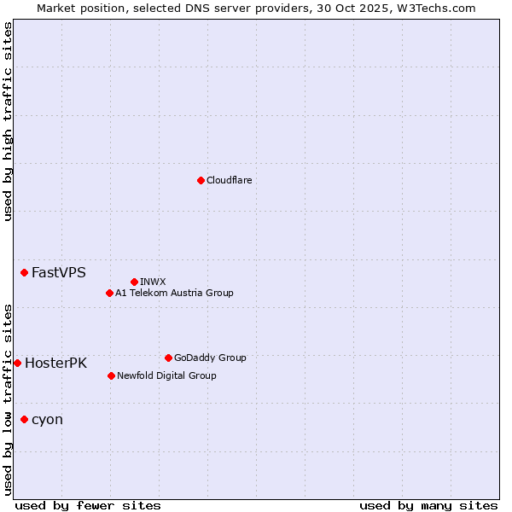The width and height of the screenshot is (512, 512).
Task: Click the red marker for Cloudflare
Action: pyautogui.click(x=201, y=180)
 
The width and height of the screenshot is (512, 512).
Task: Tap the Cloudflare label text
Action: pyautogui.click(x=230, y=180)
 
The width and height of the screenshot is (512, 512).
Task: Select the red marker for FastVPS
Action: pyautogui.click(x=24, y=272)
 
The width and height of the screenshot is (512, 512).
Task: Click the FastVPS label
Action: pyautogui.click(x=59, y=273)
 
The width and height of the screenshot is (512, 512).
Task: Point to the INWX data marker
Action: pyautogui.click(x=134, y=282)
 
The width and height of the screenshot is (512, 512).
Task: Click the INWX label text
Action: pyautogui.click(x=153, y=282)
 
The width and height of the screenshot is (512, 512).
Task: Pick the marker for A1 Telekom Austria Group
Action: pyautogui.click(x=109, y=293)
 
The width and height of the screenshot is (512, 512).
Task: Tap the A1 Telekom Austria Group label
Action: pyautogui.click(x=174, y=293)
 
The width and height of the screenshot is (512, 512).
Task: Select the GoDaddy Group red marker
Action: pyautogui.click(x=168, y=358)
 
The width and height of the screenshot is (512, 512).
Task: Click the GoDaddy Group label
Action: pyautogui.click(x=210, y=358)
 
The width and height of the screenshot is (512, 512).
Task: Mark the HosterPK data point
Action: pyautogui.click(x=17, y=363)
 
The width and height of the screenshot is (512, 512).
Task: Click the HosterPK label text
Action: pyautogui.click(x=55, y=364)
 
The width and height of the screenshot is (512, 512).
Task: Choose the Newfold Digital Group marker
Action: pyautogui.click(x=111, y=375)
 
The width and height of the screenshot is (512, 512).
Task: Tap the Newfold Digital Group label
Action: pyautogui.click(x=166, y=375)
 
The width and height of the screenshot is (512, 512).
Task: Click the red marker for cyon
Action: pyautogui.click(x=24, y=419)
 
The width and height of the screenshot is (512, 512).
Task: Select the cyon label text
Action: pyautogui.click(x=47, y=420)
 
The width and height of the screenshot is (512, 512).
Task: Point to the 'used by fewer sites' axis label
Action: pyautogui.click(x=88, y=505)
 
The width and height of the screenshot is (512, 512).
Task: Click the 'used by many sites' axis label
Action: pyautogui.click(x=428, y=505)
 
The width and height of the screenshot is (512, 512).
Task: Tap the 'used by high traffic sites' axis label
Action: pyautogui.click(x=8, y=121)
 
